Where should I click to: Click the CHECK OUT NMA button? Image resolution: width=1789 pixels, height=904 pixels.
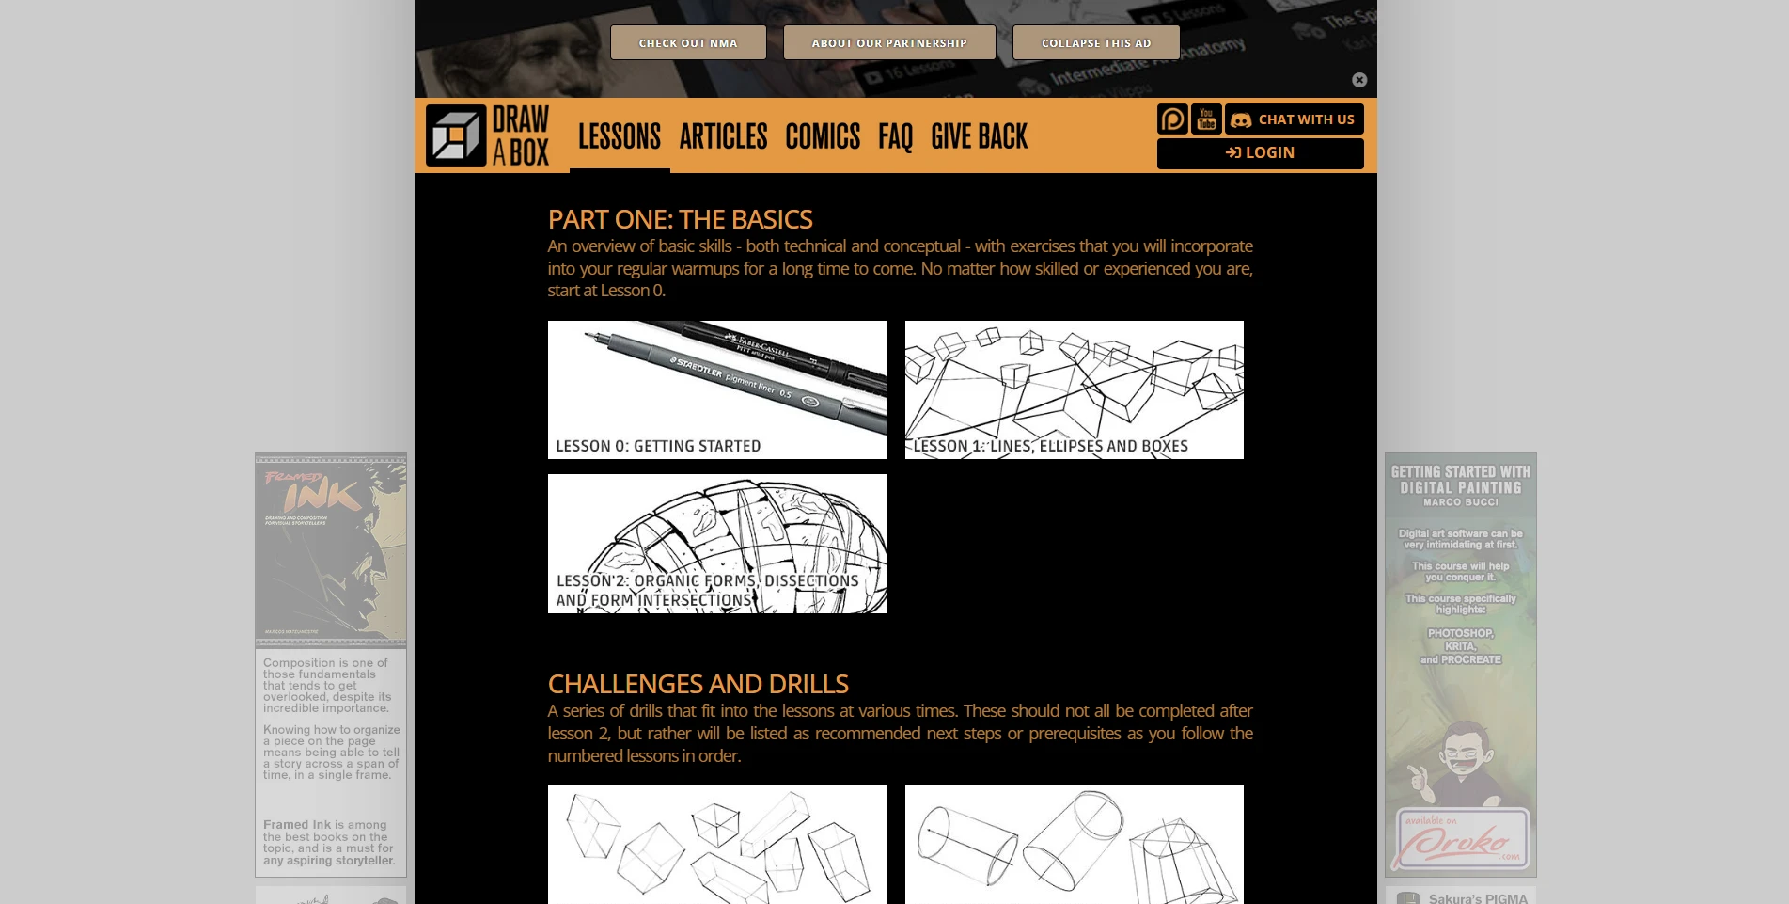pos(687,42)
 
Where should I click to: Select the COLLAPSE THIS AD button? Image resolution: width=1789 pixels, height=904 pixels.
pos(1095,42)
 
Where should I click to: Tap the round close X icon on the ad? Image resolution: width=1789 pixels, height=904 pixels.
pos(1358,80)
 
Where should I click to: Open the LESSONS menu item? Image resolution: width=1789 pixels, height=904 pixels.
pos(619,136)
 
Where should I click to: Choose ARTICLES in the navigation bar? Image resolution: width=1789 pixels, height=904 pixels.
pos(723,136)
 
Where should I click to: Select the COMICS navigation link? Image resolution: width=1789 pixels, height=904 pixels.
pos(822,136)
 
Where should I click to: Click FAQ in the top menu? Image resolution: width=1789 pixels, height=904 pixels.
pos(895,136)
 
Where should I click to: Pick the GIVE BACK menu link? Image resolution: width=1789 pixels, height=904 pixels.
pos(979,136)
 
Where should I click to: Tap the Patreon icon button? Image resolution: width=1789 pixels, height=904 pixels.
pos(1172,119)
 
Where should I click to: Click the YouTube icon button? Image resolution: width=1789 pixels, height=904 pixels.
pos(1206,119)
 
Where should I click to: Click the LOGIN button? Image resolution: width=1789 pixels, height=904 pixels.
pos(1260,152)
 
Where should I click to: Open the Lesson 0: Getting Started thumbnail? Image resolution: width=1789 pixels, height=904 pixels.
pos(716,389)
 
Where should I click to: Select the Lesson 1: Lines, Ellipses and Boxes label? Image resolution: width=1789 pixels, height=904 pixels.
pos(1050,446)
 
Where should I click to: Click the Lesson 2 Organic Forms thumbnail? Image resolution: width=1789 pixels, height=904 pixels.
pos(716,543)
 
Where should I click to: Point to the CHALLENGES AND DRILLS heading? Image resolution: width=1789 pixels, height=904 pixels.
pos(698,683)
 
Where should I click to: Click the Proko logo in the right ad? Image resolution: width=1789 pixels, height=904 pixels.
pos(1462,839)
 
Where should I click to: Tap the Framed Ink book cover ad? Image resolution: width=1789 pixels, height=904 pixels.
pos(331,550)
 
